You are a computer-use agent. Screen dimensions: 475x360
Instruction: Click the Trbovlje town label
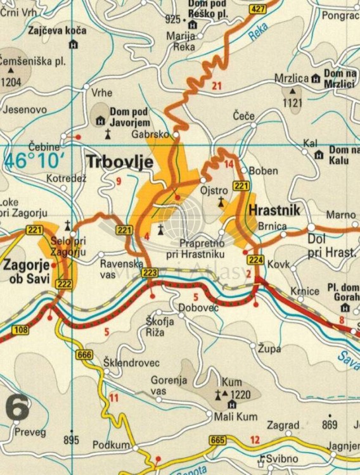pyautogui.click(x=120, y=162)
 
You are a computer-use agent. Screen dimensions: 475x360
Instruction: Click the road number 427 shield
pyautogui.click(x=257, y=9)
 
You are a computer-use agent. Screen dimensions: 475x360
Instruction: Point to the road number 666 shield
pyautogui.click(x=84, y=355)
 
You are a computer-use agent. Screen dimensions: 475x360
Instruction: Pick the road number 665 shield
pyautogui.click(x=218, y=440)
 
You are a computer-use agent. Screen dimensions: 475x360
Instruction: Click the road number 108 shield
pyautogui.click(x=20, y=329)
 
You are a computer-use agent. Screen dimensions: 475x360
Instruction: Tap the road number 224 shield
pyautogui.click(x=255, y=260)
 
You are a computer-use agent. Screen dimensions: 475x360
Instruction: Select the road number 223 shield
pyautogui.click(x=150, y=272)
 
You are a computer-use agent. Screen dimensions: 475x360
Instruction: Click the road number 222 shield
pyautogui.click(x=63, y=284)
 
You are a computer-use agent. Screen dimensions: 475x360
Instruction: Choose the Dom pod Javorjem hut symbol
pyautogui.click(x=101, y=120)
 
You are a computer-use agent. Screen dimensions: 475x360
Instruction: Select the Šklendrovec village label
pyautogui.click(x=131, y=363)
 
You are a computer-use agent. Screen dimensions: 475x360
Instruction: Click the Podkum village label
pyautogui.click(x=112, y=445)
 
